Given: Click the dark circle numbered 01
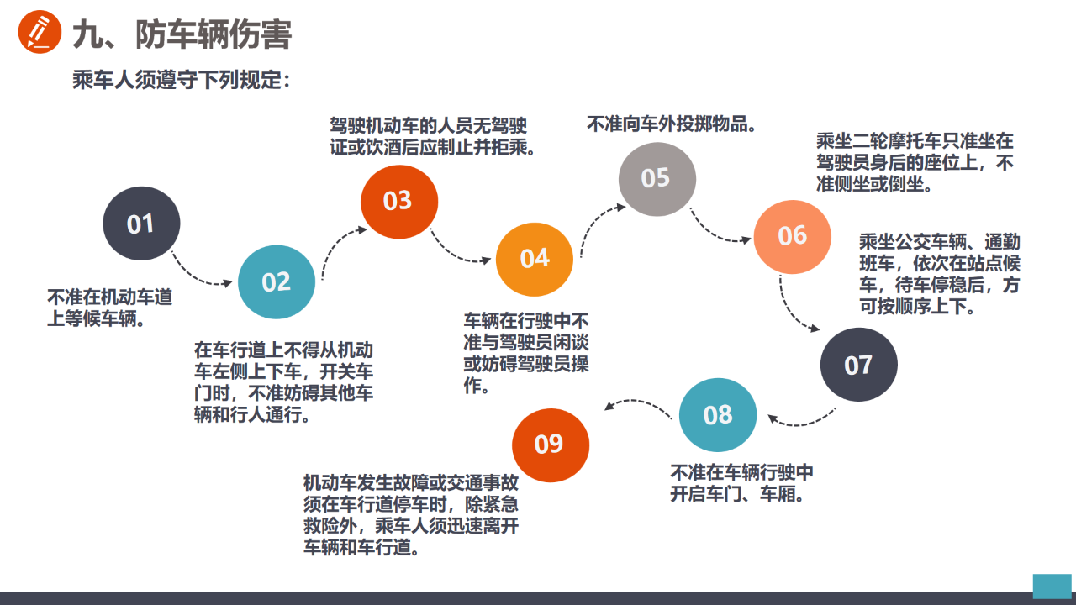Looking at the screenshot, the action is click(141, 224).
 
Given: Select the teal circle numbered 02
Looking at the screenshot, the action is click(277, 281).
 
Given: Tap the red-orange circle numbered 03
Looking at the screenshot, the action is click(399, 202).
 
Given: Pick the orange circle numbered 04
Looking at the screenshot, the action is click(534, 260).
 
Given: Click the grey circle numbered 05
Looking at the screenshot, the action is click(657, 179).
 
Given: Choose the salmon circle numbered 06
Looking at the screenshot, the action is click(792, 237).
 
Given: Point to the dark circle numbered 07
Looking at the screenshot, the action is click(858, 365).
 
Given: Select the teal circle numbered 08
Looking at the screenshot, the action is click(718, 414).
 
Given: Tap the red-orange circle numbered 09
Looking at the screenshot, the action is click(551, 445).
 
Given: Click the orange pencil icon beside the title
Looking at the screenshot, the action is click(40, 32).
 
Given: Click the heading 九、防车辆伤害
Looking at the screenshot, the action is click(182, 34).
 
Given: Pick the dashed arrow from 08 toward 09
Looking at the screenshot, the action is click(636, 401).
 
